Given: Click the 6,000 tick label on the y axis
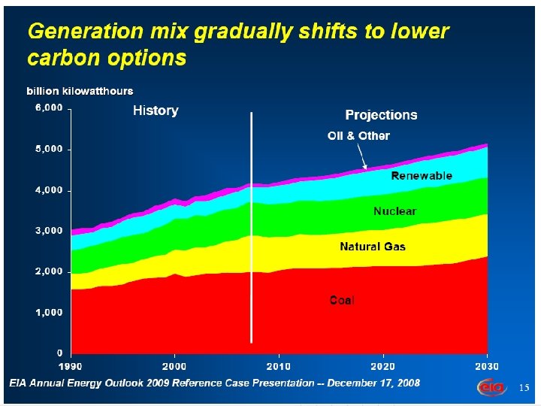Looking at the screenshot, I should coord(50,108).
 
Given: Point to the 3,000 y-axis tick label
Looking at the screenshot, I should coord(50,231).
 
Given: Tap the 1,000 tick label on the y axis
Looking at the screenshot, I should coord(50,312).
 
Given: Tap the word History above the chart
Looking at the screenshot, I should coord(156,111).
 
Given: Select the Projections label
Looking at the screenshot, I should coord(381,115).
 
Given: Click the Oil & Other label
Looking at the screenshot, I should coord(358,136).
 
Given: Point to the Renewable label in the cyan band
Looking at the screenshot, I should coord(422,176).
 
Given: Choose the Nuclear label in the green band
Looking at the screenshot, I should coord(394,212).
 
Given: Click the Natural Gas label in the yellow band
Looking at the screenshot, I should coord(373,246).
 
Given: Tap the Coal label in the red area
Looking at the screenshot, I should coord(342,300).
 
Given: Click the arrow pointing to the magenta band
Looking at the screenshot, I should coord(363,158).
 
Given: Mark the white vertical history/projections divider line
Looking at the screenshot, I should coord(251,226).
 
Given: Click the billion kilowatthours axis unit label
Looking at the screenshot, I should coord(80,91).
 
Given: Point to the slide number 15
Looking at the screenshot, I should coord(524,387).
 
